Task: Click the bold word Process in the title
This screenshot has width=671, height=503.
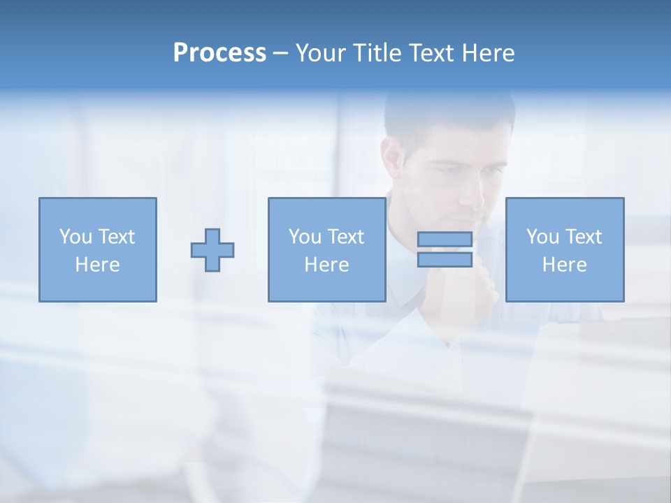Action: click(x=219, y=53)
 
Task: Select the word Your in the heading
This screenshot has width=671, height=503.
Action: click(x=319, y=53)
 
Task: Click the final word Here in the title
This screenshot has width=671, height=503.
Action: click(x=489, y=53)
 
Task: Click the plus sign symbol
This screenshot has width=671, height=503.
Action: click(x=212, y=249)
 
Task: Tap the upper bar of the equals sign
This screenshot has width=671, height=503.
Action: click(x=445, y=239)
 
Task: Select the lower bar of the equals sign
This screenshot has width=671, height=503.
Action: click(x=445, y=260)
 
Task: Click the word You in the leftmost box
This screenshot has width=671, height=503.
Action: click(x=75, y=237)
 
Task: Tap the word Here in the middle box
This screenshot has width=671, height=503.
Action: click(x=326, y=265)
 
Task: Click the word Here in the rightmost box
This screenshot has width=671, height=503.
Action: click(x=565, y=265)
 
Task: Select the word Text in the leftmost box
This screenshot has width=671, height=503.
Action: click(x=117, y=237)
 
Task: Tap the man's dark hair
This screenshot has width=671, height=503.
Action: click(x=447, y=112)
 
